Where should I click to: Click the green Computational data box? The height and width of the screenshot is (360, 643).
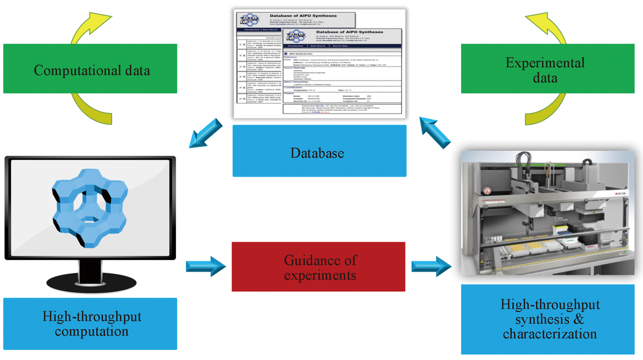[x=90, y=69]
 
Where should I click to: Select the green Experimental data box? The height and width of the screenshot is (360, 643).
[x=547, y=69]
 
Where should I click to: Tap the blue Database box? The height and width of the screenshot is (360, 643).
[x=319, y=151]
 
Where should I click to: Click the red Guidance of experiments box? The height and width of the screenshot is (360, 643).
[x=319, y=267]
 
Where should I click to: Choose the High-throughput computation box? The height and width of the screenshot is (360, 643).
[x=90, y=324]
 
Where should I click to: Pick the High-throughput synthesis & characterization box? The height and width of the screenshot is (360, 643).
[x=547, y=319]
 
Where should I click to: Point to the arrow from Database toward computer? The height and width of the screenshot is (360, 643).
[x=205, y=133]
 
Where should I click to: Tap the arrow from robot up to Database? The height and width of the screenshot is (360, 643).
[x=435, y=132]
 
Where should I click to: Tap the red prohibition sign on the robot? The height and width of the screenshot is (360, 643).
[x=487, y=191]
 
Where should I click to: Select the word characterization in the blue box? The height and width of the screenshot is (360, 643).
[x=550, y=334]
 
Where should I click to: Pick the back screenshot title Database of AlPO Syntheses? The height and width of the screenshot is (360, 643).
[x=303, y=16]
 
